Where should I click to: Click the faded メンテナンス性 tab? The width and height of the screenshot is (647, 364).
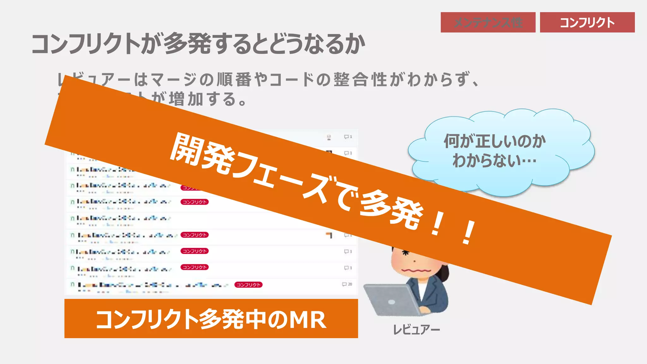488,22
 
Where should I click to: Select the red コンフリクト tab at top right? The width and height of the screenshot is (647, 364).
587,22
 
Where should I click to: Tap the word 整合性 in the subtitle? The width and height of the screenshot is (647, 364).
360,79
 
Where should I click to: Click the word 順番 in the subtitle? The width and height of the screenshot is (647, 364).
234,79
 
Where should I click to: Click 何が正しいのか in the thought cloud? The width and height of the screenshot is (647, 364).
494,141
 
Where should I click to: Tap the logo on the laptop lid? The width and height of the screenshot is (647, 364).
391,302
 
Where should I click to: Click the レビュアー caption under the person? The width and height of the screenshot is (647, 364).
416,330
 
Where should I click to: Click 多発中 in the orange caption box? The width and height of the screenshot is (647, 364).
234,320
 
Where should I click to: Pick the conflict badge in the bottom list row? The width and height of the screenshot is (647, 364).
248,285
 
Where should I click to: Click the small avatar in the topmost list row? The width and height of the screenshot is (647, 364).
329,137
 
